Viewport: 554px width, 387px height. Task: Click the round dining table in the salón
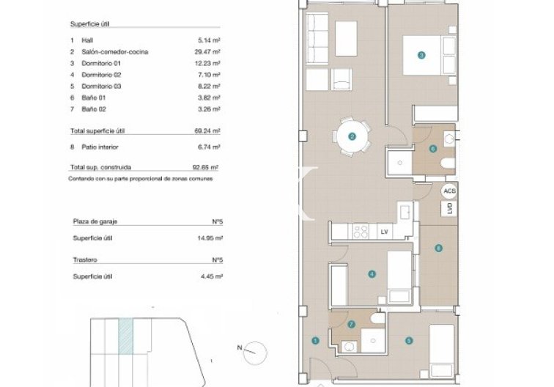(x=352, y=136)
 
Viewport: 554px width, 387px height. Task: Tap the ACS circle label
(x=449, y=191)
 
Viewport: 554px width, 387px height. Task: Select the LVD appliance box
(x=449, y=208)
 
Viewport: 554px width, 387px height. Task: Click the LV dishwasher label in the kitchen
(x=385, y=232)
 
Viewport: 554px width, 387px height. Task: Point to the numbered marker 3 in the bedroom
(x=421, y=55)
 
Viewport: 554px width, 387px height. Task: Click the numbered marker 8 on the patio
(x=438, y=248)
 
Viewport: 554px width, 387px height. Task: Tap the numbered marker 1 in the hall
(x=315, y=341)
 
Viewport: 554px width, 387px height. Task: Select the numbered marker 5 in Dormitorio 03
(x=409, y=341)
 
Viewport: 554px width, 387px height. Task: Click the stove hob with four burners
(x=360, y=232)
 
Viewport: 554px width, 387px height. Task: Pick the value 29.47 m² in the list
(x=207, y=52)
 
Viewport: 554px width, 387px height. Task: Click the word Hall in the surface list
(x=87, y=40)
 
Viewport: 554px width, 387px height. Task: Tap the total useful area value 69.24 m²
(x=207, y=130)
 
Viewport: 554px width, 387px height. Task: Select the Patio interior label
(x=100, y=147)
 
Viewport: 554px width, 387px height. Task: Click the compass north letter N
(x=240, y=347)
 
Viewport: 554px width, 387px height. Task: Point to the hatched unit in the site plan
(x=126, y=336)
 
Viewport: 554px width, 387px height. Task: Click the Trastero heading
(x=85, y=259)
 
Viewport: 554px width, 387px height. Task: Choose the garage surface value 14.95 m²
(x=210, y=238)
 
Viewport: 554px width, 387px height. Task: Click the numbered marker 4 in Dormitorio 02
(x=372, y=274)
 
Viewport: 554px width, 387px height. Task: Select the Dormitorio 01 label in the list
(x=101, y=63)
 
